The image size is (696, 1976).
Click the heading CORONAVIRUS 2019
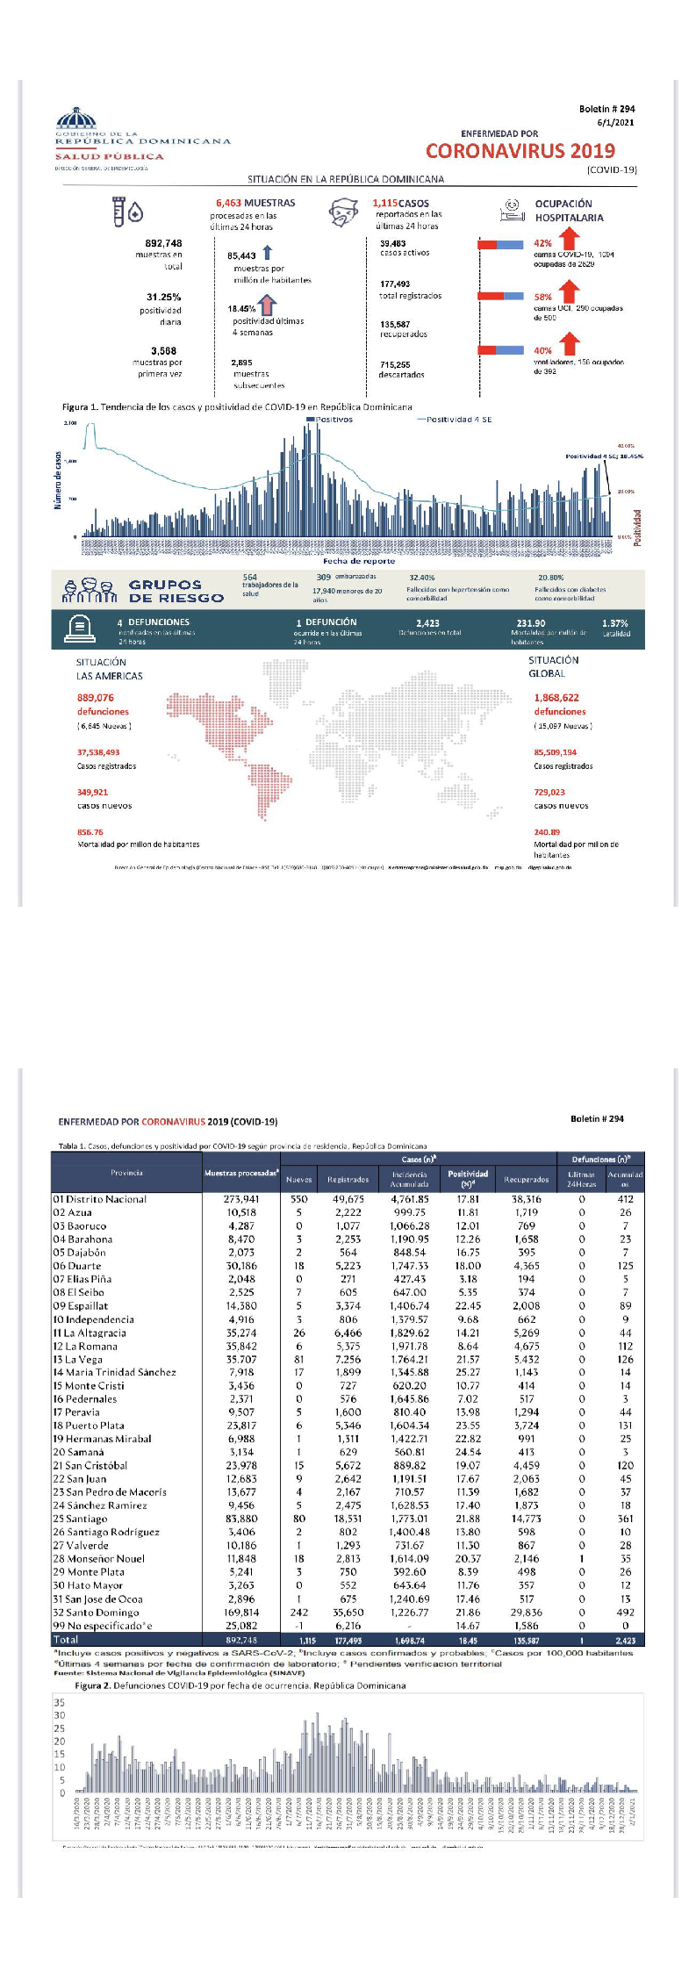point(520,151)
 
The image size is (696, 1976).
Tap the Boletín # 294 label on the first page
point(606,110)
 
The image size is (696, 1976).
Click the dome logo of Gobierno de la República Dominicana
point(76,118)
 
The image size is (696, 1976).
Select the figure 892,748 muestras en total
point(163,243)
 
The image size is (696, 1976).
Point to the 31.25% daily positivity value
point(163,298)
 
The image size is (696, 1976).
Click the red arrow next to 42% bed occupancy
point(570,238)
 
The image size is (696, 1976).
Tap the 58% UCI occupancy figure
point(542,298)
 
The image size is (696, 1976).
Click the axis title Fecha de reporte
point(359,561)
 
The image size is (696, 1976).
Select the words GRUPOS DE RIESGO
point(176,591)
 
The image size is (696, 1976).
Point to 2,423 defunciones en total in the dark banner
point(428,623)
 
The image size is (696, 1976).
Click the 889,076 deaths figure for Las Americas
point(96,698)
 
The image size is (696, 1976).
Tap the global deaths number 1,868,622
point(556,698)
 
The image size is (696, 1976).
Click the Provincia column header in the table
point(127,1173)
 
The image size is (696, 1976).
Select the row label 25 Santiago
point(80,1519)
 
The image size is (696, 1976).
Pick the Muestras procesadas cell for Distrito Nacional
point(241,1199)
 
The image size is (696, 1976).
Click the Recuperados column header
point(527,1180)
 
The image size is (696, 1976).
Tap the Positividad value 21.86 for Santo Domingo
point(468,1613)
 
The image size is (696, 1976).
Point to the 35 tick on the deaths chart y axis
point(60,1703)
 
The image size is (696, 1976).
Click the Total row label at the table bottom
point(66,1639)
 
